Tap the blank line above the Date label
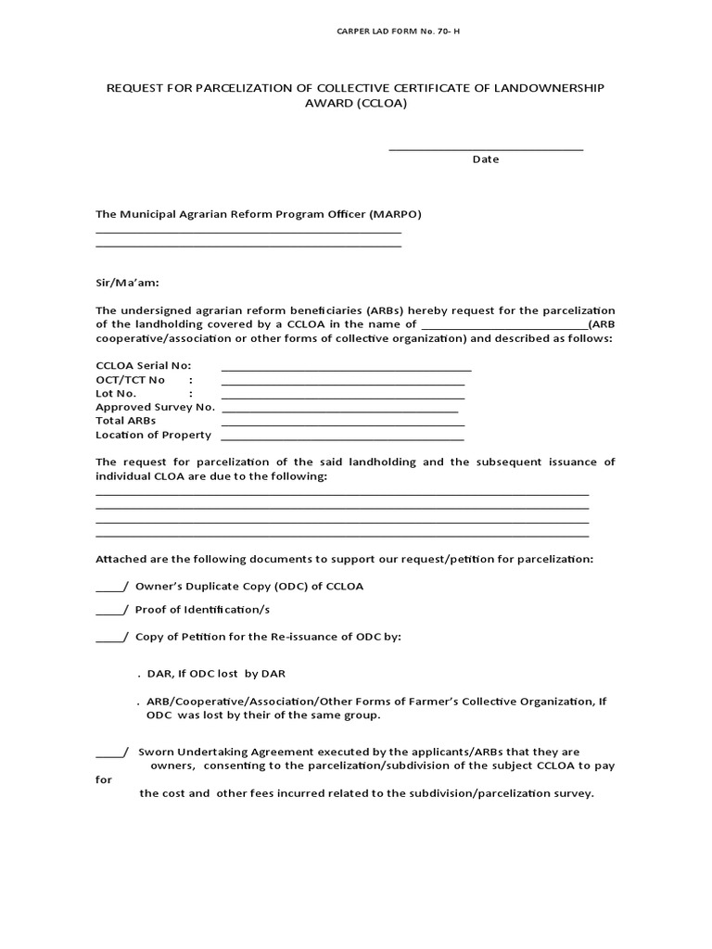[x=486, y=147]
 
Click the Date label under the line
[x=486, y=159]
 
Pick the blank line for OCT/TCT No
[x=342, y=382]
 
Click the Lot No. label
[x=116, y=393]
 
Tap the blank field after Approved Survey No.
[x=340, y=409]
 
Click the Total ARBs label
[x=126, y=421]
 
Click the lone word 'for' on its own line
[x=104, y=780]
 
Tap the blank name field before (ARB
[x=504, y=326]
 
